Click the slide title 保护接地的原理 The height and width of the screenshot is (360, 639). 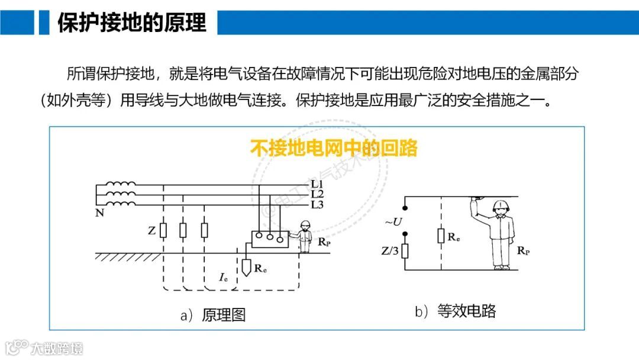pos(132,22)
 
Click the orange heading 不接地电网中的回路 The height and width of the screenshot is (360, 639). pos(334,147)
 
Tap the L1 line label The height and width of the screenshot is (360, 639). pos(317,185)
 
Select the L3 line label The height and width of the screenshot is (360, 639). pos(317,205)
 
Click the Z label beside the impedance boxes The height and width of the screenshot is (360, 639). pos(152,231)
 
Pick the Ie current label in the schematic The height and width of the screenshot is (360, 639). pos(224,277)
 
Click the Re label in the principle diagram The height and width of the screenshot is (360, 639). pos(260,268)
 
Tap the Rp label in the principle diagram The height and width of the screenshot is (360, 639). pos(324,242)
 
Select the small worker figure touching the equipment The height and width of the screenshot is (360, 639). pos(305,236)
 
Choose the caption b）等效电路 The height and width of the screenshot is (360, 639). pos(456,311)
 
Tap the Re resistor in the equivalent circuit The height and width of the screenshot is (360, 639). pos(441,235)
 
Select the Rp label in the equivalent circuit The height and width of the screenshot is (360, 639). pos(523,250)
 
